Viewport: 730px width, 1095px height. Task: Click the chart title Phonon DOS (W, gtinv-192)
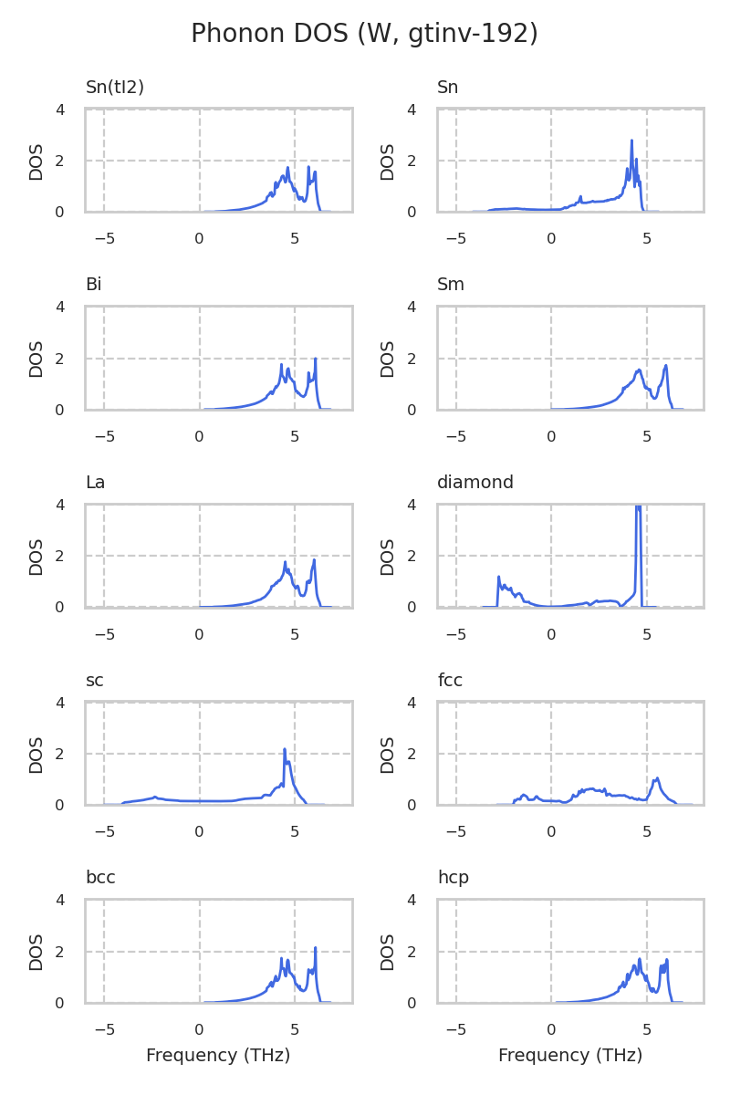[364, 34]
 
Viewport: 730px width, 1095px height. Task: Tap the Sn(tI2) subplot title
[115, 88]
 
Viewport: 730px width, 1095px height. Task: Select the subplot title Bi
[93, 285]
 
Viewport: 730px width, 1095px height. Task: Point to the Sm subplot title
[451, 285]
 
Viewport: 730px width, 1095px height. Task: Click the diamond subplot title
[474, 483]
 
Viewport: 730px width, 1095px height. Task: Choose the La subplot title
[95, 483]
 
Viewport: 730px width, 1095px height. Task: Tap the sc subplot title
[94, 681]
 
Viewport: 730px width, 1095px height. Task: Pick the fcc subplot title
[451, 681]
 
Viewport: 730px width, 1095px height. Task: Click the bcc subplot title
[100, 878]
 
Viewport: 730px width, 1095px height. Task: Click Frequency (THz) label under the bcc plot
[218, 1056]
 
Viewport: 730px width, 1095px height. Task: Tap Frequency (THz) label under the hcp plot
[570, 1056]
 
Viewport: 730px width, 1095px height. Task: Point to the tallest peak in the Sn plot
[631, 141]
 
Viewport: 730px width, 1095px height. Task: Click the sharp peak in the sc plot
[285, 749]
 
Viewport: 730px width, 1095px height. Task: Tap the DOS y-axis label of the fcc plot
[388, 755]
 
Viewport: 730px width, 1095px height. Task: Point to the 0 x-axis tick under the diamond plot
[551, 634]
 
